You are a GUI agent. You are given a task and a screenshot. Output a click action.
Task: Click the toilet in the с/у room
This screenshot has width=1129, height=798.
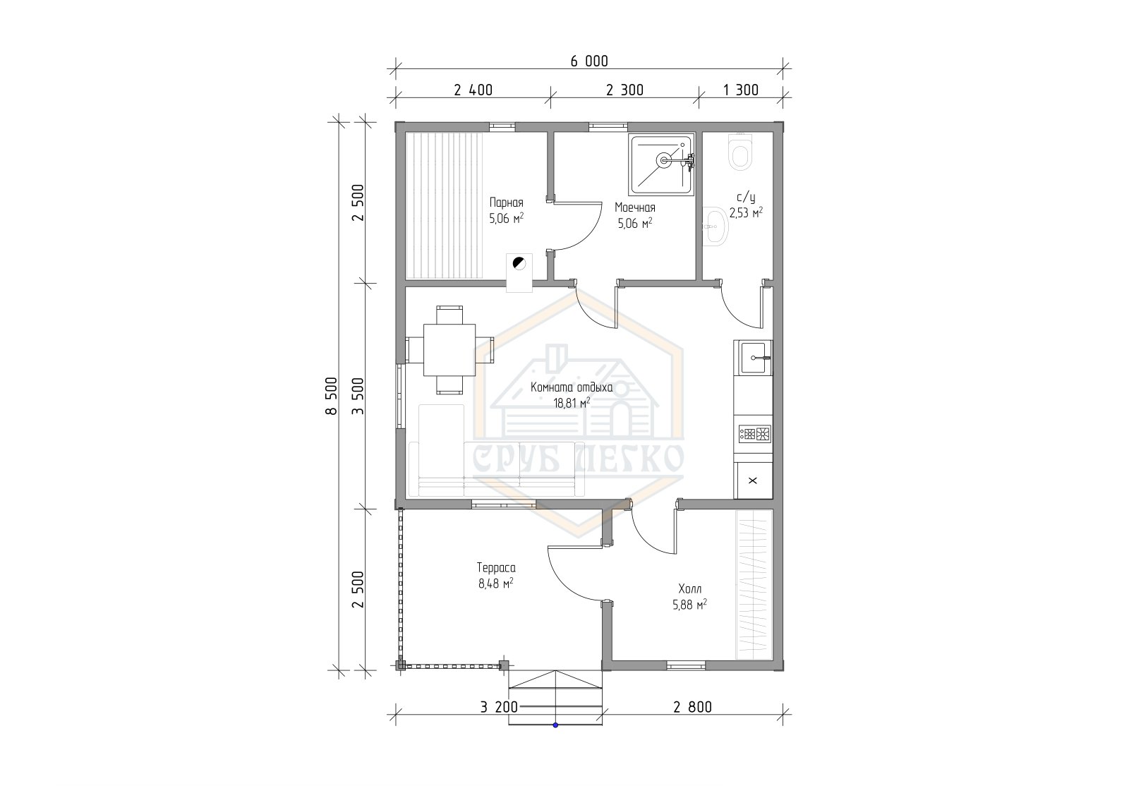[x=740, y=152]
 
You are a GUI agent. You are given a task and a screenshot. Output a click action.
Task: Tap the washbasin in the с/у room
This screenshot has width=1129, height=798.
[x=715, y=226]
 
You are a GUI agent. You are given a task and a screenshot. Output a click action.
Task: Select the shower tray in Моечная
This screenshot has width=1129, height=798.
[x=661, y=164]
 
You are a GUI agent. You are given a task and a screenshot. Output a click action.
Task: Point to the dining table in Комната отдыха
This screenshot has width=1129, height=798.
[x=449, y=350]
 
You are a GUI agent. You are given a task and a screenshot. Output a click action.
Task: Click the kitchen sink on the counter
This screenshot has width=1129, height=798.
[x=754, y=358]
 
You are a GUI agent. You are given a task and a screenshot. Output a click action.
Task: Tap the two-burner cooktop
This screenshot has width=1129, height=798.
[x=754, y=433]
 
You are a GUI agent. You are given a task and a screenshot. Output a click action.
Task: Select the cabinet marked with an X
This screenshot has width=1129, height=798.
[x=753, y=480]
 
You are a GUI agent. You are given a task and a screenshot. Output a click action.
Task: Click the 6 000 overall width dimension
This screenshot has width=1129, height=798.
[x=589, y=61]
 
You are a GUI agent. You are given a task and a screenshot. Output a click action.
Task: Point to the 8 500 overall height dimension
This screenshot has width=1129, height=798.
[x=331, y=396]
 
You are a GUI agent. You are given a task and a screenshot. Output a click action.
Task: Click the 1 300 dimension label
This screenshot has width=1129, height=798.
[x=741, y=90]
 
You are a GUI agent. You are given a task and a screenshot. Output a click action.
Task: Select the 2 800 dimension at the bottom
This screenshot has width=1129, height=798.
[x=692, y=707]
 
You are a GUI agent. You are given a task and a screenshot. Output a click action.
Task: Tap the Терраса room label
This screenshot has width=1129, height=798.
[x=497, y=568]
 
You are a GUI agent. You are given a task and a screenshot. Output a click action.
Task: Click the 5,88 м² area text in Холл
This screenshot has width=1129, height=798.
[x=689, y=605]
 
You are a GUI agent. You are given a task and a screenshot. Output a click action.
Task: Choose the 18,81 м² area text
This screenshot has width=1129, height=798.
[x=572, y=403]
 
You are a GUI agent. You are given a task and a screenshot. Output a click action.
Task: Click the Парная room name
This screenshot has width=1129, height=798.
[x=507, y=202]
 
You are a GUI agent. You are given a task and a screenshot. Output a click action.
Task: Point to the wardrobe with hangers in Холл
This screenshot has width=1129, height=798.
[x=754, y=584]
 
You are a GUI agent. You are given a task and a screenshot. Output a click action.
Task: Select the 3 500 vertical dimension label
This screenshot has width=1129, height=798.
[x=357, y=396]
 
